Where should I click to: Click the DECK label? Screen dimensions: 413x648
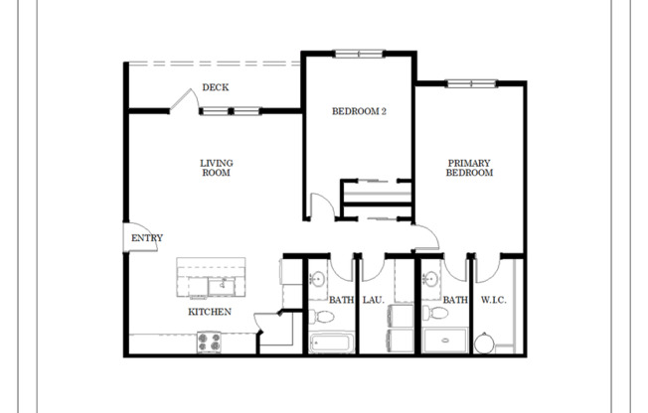(216, 87)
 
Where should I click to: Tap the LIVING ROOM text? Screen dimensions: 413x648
(216, 168)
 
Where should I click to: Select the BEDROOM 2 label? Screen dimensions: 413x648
(359, 112)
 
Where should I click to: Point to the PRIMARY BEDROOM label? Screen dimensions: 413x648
(469, 168)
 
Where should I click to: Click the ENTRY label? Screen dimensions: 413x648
(146, 238)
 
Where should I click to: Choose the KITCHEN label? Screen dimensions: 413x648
(210, 312)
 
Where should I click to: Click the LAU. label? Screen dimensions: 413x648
(373, 299)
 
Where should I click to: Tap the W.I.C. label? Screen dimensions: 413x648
(494, 299)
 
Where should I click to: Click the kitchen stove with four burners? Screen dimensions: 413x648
(210, 343)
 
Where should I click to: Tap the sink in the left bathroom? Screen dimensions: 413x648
(319, 278)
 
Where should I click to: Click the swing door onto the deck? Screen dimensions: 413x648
(180, 99)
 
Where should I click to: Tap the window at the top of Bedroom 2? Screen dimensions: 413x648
(358, 53)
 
